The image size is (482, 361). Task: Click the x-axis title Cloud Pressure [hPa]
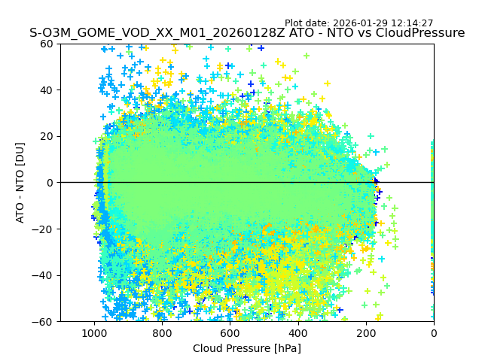click(x=247, y=348)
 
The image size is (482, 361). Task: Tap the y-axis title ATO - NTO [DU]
click(x=21, y=183)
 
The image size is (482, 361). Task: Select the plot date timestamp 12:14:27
click(x=412, y=23)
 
